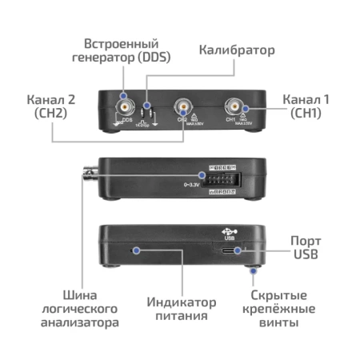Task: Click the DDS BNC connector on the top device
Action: [126, 105]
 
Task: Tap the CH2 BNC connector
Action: [182, 106]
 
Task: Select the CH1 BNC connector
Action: [234, 104]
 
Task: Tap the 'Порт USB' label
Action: [306, 248]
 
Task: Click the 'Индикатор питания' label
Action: [182, 309]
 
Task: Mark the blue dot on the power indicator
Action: [137, 250]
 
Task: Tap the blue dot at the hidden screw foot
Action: [253, 271]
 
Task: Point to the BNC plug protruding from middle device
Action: [89, 171]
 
